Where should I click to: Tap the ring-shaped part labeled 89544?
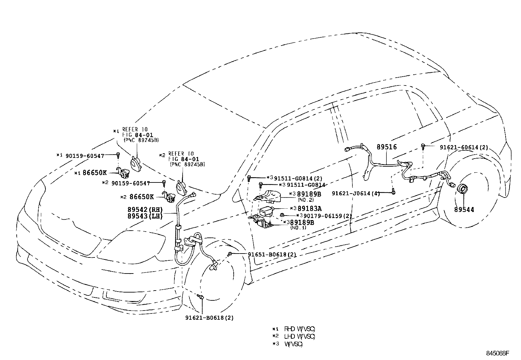pyautogui.click(x=463, y=190)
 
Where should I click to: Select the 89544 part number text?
pyautogui.click(x=464, y=209)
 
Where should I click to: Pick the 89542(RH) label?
pyautogui.click(x=145, y=210)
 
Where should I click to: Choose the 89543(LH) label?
pyautogui.click(x=145, y=216)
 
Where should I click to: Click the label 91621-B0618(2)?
pyautogui.click(x=209, y=317)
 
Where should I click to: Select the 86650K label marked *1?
pyautogui.click(x=95, y=173)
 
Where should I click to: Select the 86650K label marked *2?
pyautogui.click(x=141, y=197)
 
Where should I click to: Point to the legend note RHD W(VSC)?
pyautogui.click(x=299, y=329)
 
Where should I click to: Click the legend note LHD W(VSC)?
pyautogui.click(x=299, y=336)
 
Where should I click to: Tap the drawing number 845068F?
pyautogui.click(x=498, y=353)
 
